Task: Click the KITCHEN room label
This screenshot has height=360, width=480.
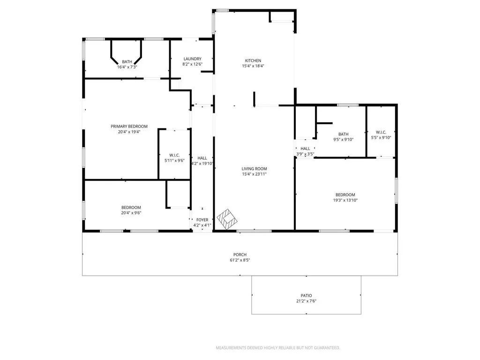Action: (x=253, y=60)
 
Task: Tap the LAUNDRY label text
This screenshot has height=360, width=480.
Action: (x=192, y=59)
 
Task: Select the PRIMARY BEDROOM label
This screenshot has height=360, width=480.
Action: (x=129, y=126)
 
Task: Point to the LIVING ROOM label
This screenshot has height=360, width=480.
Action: (x=254, y=169)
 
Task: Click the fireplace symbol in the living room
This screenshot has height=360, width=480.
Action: (x=228, y=219)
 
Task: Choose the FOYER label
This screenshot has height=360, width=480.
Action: (x=202, y=219)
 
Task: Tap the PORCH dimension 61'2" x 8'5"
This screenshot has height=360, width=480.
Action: (x=240, y=260)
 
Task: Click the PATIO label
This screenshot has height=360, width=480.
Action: (x=306, y=295)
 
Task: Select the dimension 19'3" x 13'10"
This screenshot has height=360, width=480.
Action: (x=345, y=200)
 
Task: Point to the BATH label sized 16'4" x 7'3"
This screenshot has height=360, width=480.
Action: (x=127, y=61)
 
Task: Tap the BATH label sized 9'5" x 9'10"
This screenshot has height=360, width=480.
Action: (x=344, y=134)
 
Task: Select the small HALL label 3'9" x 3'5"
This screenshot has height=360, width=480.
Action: (x=305, y=149)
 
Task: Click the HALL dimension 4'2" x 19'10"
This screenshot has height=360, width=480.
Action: (x=202, y=164)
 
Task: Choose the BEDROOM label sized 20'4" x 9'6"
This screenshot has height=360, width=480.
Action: (x=131, y=207)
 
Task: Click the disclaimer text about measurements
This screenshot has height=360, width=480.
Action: (x=277, y=348)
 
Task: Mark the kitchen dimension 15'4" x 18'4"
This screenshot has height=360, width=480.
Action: (x=253, y=66)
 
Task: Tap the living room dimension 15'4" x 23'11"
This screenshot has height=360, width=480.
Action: (x=254, y=174)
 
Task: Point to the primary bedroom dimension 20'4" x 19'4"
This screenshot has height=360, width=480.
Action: (x=129, y=132)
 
